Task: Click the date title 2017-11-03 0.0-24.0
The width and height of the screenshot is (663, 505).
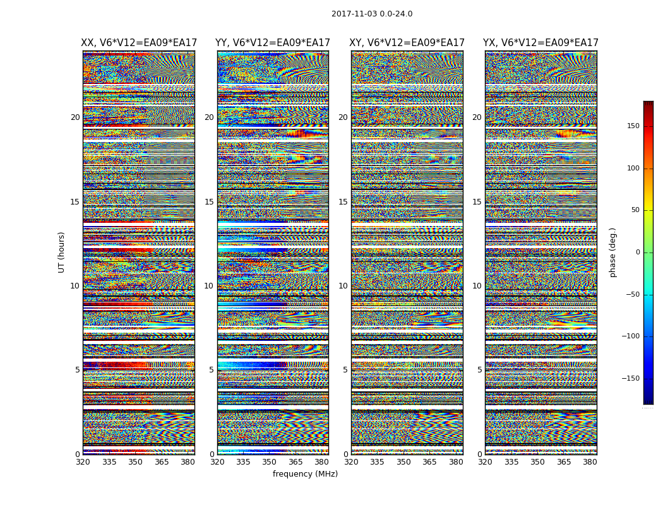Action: [x=372, y=14]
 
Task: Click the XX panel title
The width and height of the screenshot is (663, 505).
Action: [x=139, y=43]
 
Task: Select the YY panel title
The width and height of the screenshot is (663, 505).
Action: [x=273, y=43]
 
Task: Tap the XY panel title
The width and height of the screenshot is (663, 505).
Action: [x=407, y=43]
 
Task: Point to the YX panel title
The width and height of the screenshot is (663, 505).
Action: [x=541, y=43]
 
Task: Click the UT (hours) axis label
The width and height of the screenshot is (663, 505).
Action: [x=62, y=252]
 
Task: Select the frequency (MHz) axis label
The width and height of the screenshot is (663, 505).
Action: [x=305, y=474]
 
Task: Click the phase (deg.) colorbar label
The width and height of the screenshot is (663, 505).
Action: [x=613, y=252]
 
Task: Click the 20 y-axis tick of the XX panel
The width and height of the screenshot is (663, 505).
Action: [x=75, y=117]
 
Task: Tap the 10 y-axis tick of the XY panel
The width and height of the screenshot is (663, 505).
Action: [x=343, y=286]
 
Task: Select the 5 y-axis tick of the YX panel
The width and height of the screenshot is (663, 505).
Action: [x=479, y=370]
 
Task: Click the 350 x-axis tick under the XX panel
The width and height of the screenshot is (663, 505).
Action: [x=135, y=462]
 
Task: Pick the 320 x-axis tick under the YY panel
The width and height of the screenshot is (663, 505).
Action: [x=217, y=462]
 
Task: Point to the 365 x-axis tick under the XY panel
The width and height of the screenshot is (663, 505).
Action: [x=429, y=462]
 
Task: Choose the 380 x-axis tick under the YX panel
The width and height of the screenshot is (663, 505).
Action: [x=590, y=462]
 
